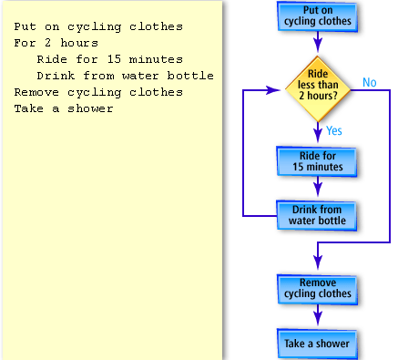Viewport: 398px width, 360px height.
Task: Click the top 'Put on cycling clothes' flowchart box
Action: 317,15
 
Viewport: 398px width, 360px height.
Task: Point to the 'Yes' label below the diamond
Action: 334,130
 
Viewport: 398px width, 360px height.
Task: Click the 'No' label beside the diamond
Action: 369,83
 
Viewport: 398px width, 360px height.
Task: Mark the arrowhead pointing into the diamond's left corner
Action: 276,91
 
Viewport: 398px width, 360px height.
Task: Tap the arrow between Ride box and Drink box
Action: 317,187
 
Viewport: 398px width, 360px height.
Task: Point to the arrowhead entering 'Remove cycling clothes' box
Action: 317,268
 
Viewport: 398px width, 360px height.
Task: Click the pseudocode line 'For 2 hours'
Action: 56,43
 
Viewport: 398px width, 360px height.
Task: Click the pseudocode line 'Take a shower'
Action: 64,108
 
